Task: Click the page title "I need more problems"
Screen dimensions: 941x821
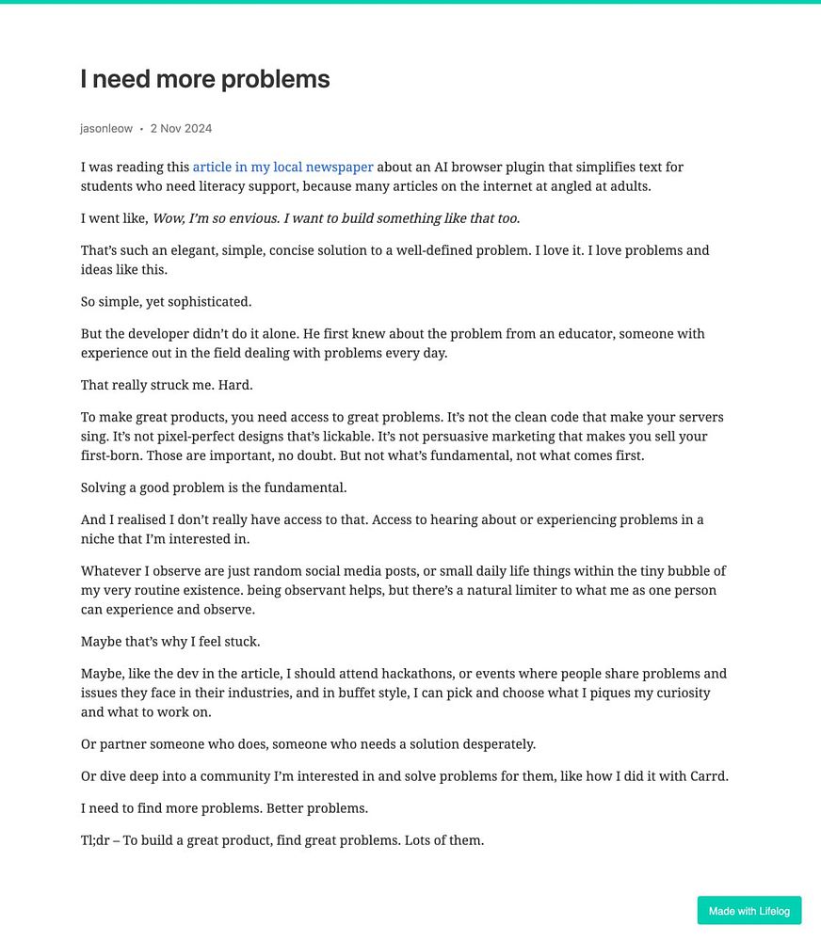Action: click(x=205, y=79)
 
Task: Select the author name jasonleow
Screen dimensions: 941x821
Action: click(x=106, y=128)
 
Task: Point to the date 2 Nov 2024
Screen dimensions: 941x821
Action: click(x=181, y=128)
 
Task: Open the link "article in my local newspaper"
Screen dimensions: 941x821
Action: click(x=282, y=167)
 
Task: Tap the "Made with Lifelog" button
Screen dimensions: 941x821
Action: click(x=749, y=911)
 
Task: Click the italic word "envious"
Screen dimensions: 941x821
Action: click(x=235, y=218)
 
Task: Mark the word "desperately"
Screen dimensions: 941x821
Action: click(x=495, y=744)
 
